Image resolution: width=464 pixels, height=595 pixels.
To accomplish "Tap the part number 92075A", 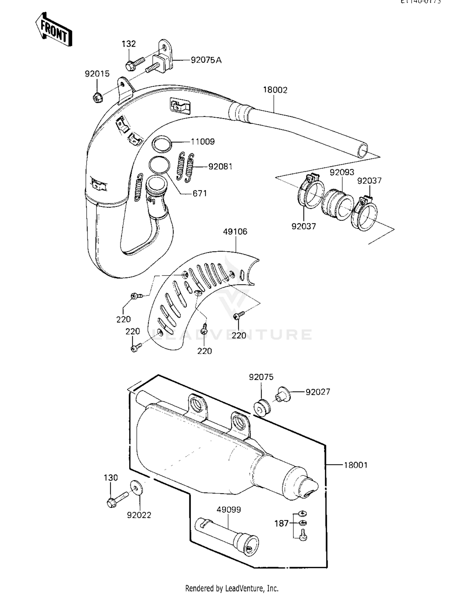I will click(x=206, y=60).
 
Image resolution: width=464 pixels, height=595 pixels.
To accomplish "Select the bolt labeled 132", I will click(x=135, y=63).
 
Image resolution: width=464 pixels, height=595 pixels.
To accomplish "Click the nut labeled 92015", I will click(x=98, y=98).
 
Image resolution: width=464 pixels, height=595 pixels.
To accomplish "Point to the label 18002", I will click(x=275, y=90).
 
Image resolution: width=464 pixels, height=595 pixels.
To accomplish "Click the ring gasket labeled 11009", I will click(x=162, y=144).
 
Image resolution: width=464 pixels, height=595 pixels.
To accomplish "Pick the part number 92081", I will click(x=220, y=167).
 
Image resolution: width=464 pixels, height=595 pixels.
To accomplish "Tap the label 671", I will click(x=200, y=193).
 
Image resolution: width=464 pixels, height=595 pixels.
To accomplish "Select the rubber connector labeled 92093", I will click(x=337, y=204).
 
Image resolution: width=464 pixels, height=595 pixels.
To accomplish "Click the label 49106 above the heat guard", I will click(x=235, y=231).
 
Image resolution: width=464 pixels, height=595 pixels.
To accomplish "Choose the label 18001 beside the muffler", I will click(x=356, y=465).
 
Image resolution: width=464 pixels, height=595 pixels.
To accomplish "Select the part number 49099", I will click(x=229, y=509).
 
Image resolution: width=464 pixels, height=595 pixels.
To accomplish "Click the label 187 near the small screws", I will click(x=281, y=523).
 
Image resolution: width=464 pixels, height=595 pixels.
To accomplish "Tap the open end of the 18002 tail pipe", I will click(x=362, y=151).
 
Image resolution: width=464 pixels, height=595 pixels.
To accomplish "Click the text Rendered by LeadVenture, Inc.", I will click(x=232, y=588).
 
